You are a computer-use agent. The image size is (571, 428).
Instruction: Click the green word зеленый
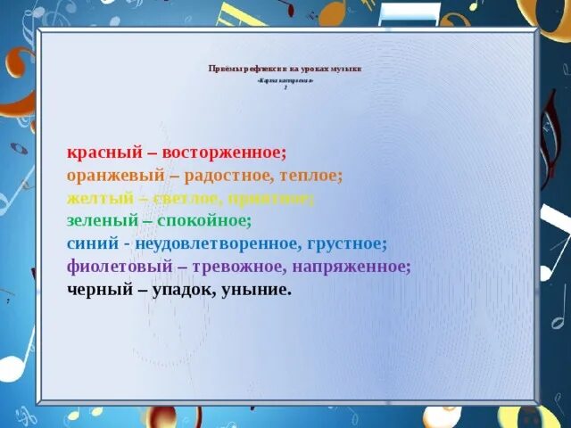[101, 220]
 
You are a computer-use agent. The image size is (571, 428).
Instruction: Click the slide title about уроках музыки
[285, 69]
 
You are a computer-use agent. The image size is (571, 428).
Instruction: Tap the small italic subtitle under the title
[285, 80]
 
